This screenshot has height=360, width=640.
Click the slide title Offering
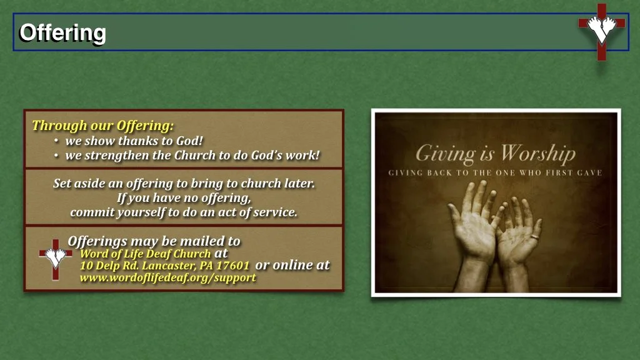pyautogui.click(x=62, y=32)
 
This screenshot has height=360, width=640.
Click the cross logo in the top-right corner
pyautogui.click(x=601, y=31)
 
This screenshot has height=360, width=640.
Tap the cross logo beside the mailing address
pyautogui.click(x=55, y=257)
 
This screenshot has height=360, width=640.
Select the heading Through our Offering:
pyautogui.click(x=103, y=125)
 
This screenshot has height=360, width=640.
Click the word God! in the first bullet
pyautogui.click(x=189, y=141)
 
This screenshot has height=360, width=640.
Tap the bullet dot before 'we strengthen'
pyautogui.click(x=57, y=156)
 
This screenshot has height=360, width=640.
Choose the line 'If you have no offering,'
pyautogui.click(x=184, y=198)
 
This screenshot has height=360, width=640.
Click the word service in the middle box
pyautogui.click(x=274, y=212)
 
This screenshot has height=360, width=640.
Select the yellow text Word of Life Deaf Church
pyautogui.click(x=145, y=254)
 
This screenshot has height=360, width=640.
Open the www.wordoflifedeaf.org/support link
pyautogui.click(x=167, y=277)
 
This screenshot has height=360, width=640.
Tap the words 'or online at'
pyautogui.click(x=292, y=265)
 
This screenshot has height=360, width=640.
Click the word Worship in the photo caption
pyautogui.click(x=537, y=153)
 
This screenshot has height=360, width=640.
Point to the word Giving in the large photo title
pyautogui.click(x=445, y=153)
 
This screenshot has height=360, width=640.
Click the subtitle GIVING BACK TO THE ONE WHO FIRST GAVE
pyautogui.click(x=495, y=172)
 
